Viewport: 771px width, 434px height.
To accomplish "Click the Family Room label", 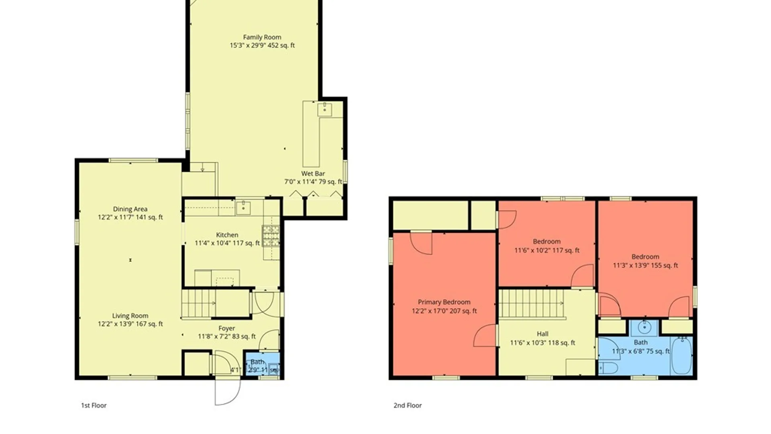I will [262, 37].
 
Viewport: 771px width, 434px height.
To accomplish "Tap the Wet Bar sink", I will [324, 109].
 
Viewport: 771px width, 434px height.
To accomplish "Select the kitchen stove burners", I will [271, 236].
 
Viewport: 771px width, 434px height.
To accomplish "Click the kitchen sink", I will [243, 208].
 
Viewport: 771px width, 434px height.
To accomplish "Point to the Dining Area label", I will [130, 209].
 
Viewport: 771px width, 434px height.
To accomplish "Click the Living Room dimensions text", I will [130, 324].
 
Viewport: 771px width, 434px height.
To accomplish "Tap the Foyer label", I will [226, 328].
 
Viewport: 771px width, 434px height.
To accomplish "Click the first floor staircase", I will [198, 303].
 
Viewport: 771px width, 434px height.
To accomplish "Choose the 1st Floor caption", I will [94, 405].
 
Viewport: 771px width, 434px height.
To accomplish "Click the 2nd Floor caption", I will [407, 405].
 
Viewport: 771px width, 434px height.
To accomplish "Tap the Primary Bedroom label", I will [444, 302].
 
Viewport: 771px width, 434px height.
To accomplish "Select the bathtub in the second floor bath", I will [681, 356].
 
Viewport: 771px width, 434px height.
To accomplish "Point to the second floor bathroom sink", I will [644, 328].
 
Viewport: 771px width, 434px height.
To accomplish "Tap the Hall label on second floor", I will [542, 334].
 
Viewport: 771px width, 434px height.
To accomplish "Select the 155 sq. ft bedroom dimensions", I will [645, 265].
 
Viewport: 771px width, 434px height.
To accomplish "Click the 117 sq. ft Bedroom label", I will [546, 242].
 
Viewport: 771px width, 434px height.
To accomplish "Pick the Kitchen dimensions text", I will [227, 243].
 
